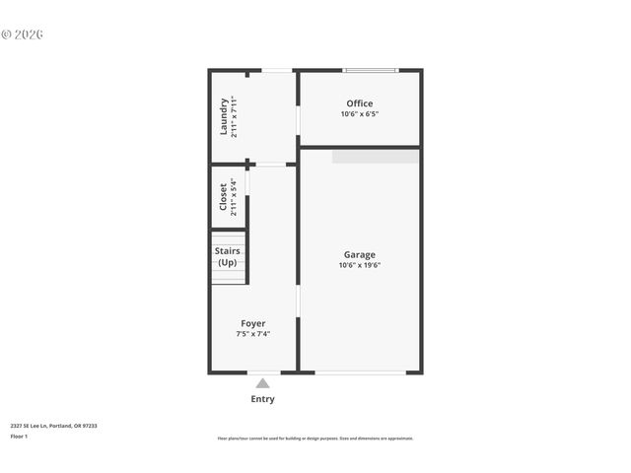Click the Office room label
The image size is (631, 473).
point(359,103)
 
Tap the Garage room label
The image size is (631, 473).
point(359,254)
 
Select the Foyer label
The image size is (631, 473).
point(253,323)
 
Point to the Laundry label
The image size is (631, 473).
point(224,115)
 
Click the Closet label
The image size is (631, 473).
point(223,197)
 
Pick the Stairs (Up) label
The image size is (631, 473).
point(228,257)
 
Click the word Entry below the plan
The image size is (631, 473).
point(262,399)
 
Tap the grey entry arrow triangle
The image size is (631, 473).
point(262,383)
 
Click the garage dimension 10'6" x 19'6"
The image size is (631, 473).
point(359,265)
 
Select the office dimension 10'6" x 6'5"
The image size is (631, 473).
point(359,114)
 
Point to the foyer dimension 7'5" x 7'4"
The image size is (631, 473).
point(253,334)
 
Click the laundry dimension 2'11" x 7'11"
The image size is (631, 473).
point(235,115)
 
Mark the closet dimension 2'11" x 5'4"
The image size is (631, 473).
point(234,197)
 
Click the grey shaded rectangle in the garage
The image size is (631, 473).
point(375,156)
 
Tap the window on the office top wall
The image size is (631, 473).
point(370,70)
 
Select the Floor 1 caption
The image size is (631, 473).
point(19,436)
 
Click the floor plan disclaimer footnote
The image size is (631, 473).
point(315,439)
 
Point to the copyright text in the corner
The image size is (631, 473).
point(22,34)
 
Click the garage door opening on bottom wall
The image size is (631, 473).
point(360,372)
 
